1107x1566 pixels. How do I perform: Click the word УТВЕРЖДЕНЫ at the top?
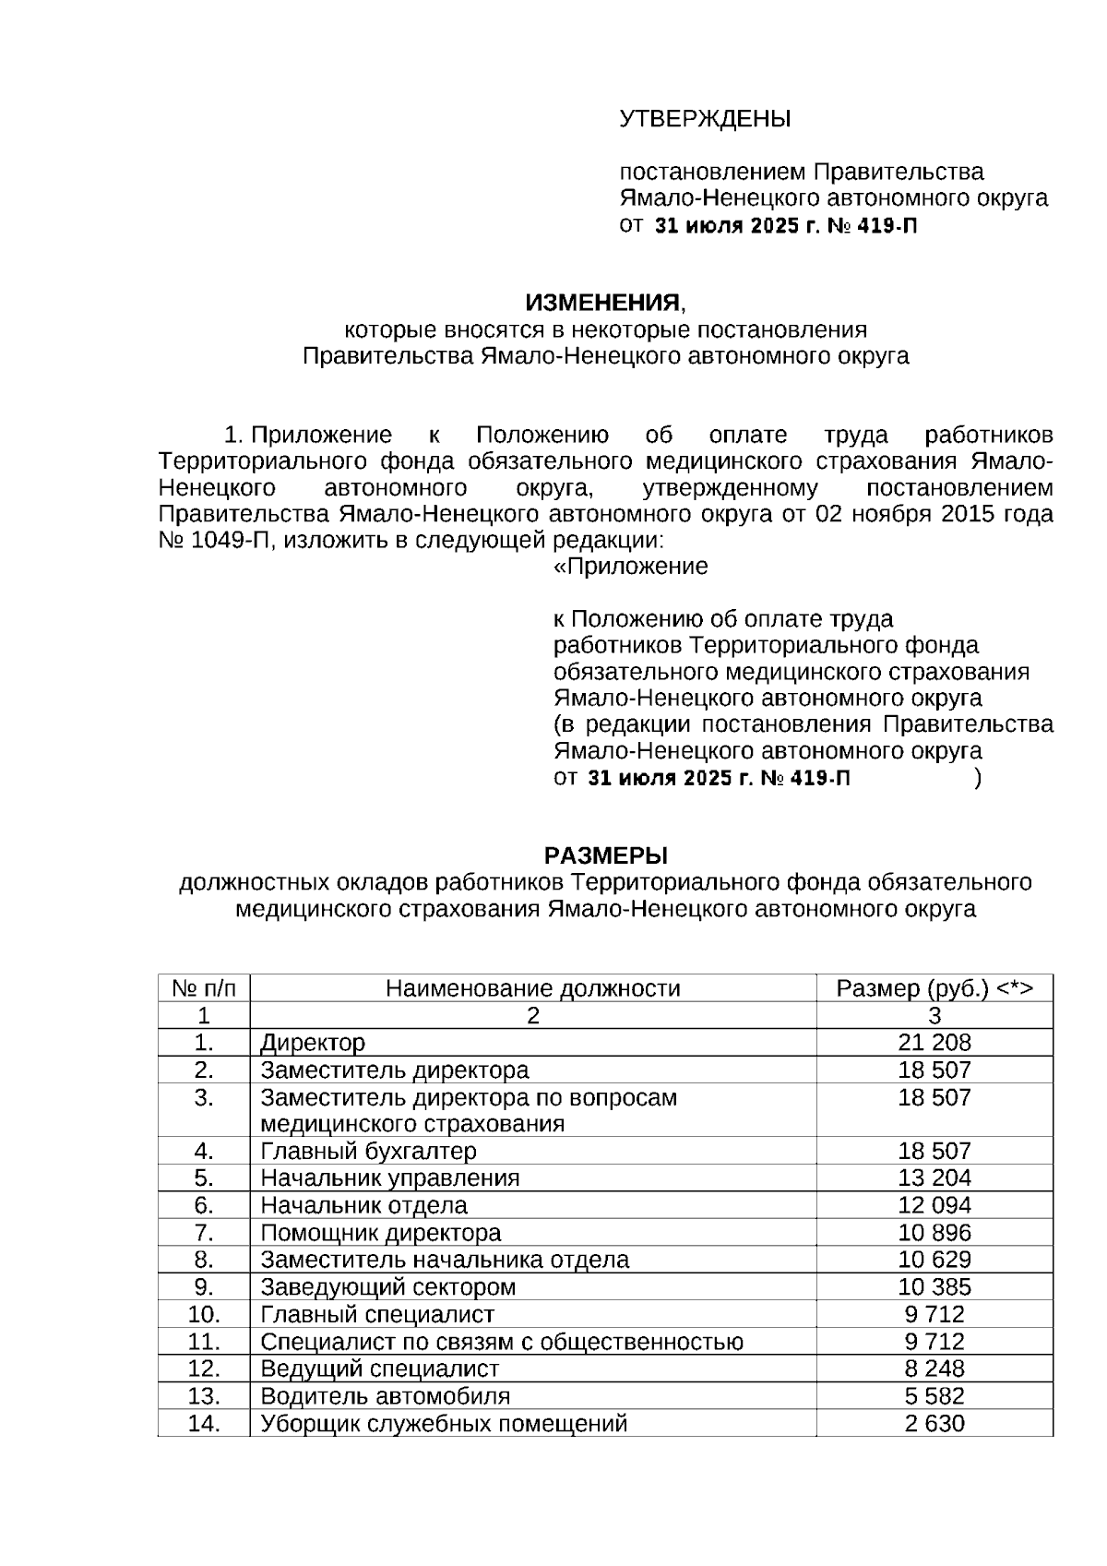click(x=705, y=120)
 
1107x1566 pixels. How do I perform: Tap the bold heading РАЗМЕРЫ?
click(x=605, y=855)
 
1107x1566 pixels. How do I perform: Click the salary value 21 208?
click(x=934, y=1044)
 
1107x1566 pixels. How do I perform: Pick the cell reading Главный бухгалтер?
click(x=368, y=1152)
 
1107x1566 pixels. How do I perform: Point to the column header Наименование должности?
click(x=532, y=989)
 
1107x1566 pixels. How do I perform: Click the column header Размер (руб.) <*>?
click(x=934, y=989)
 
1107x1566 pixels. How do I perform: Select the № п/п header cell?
click(x=204, y=989)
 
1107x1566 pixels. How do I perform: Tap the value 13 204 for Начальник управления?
click(x=934, y=1178)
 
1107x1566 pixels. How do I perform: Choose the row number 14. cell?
click(x=204, y=1424)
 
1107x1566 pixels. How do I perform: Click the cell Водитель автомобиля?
click(x=385, y=1397)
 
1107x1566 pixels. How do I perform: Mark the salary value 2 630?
click(x=934, y=1424)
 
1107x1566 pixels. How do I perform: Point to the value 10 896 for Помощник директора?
click(x=934, y=1234)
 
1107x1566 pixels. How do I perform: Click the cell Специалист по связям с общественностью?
click(x=502, y=1343)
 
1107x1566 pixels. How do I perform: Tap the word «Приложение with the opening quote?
click(x=630, y=567)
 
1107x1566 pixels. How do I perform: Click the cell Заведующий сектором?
click(x=387, y=1288)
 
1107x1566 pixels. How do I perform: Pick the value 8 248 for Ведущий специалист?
click(x=934, y=1369)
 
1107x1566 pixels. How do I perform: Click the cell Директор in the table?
click(x=313, y=1044)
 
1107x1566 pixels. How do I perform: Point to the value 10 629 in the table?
click(x=934, y=1261)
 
